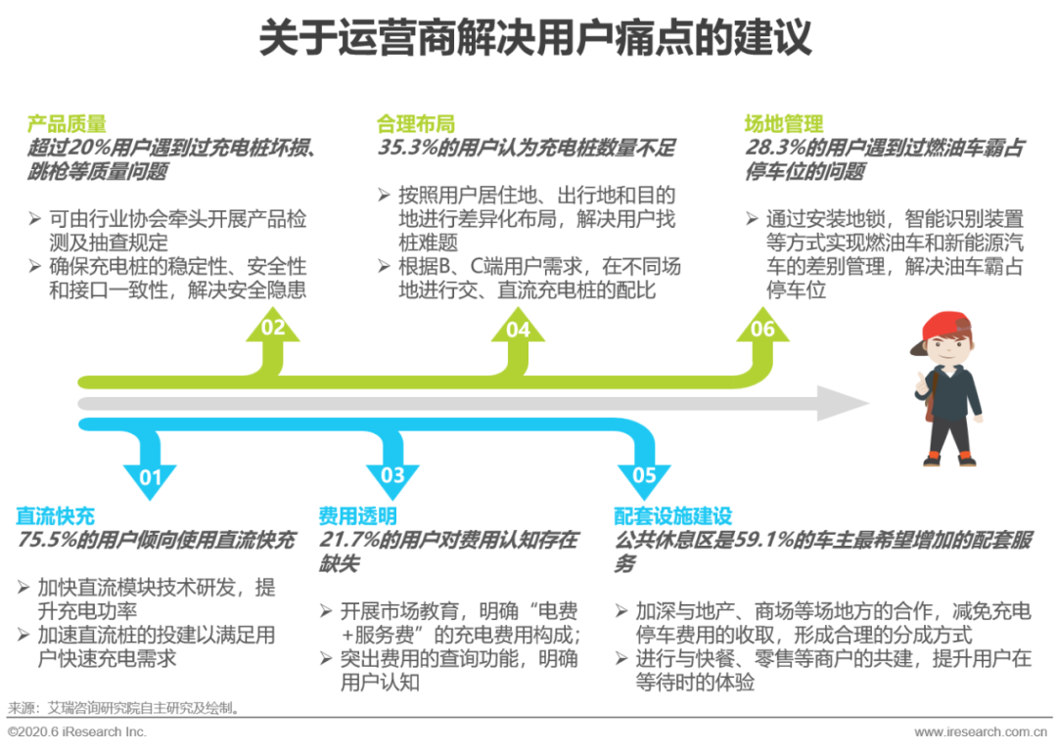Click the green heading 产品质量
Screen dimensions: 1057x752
coord(67,124)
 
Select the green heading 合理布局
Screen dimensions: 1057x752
coord(415,124)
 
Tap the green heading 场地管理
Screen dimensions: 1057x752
coord(784,124)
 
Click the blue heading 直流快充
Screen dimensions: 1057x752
coord(55,516)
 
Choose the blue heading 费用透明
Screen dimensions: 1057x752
coord(357,516)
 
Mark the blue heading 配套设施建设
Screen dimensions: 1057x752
coord(672,516)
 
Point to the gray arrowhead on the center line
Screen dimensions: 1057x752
coord(842,404)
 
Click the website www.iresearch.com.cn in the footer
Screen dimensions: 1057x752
coord(981,732)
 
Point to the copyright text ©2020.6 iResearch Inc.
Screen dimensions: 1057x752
coord(77,732)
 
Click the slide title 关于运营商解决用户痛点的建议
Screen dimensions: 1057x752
coord(535,38)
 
